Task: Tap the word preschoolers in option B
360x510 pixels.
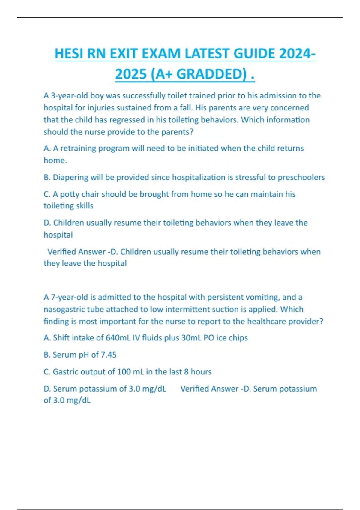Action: [301, 177]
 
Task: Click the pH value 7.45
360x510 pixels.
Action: [109, 355]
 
